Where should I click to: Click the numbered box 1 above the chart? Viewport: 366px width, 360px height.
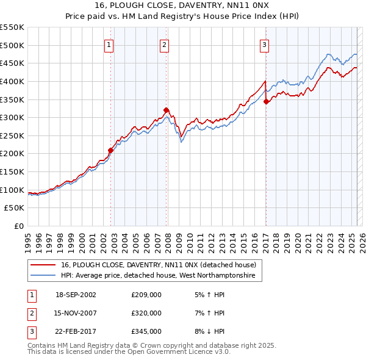(x=109, y=44)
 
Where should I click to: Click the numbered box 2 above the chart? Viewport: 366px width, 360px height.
(x=165, y=44)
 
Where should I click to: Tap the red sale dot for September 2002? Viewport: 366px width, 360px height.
(x=111, y=150)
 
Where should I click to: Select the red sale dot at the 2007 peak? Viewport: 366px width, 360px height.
(x=167, y=110)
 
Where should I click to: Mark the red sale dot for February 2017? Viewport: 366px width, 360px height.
(x=266, y=101)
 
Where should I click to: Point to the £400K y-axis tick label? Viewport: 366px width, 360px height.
(x=12, y=81)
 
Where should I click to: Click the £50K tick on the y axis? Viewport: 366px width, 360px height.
(x=15, y=208)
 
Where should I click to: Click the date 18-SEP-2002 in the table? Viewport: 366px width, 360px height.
(x=76, y=295)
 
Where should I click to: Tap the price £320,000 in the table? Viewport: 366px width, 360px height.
(x=146, y=313)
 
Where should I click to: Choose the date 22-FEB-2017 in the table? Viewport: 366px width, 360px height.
(x=76, y=331)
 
